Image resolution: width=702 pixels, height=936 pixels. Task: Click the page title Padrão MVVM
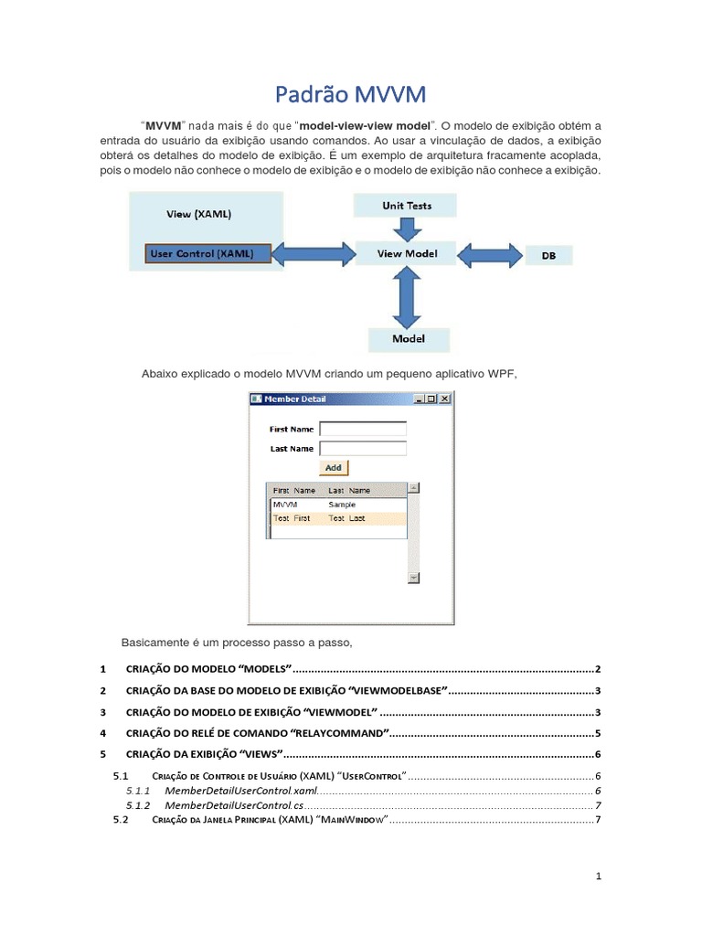pyautogui.click(x=351, y=94)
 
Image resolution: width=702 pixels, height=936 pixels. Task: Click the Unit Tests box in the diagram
pyautogui.click(x=406, y=206)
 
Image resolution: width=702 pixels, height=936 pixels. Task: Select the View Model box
pyautogui.click(x=407, y=254)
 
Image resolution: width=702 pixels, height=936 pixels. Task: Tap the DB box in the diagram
pyautogui.click(x=548, y=256)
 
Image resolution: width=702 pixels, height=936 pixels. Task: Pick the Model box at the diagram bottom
pyautogui.click(x=409, y=339)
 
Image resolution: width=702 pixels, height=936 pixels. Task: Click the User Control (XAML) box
pyautogui.click(x=207, y=254)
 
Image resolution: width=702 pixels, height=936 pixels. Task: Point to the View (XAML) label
pyautogui.click(x=198, y=215)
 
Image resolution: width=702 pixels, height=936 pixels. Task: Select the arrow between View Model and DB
pyautogui.click(x=490, y=255)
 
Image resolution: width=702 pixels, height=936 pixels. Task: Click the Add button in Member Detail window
pyautogui.click(x=334, y=467)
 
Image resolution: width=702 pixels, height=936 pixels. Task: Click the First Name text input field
pyautogui.click(x=362, y=429)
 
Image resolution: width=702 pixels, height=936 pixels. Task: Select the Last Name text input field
pyautogui.click(x=362, y=448)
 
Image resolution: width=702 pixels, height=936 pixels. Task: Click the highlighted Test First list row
pyautogui.click(x=336, y=518)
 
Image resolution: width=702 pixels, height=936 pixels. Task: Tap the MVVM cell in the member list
pyautogui.click(x=285, y=505)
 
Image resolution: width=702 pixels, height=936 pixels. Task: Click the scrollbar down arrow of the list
pyautogui.click(x=413, y=578)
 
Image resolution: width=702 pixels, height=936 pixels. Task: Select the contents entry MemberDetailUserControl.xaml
pyautogui.click(x=241, y=790)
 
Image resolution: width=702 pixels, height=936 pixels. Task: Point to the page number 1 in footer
pyautogui.click(x=598, y=877)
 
